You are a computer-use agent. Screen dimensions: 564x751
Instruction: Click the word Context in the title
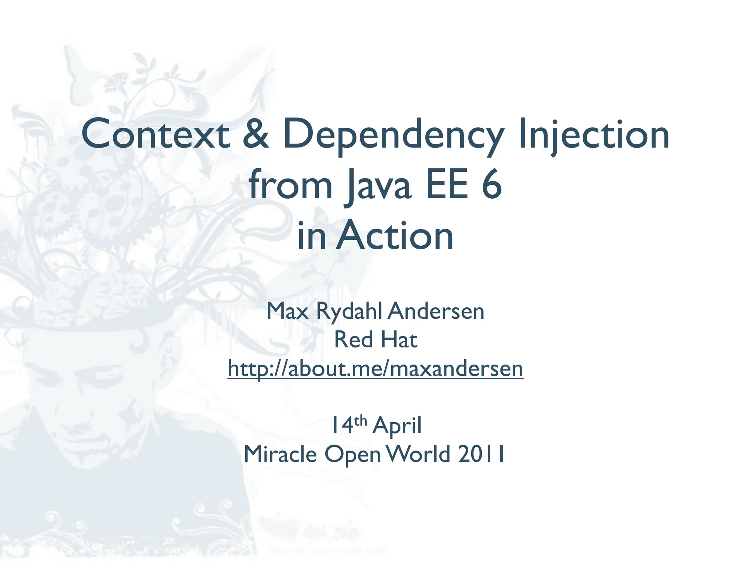coord(155,134)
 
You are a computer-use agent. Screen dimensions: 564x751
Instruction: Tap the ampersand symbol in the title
coord(256,134)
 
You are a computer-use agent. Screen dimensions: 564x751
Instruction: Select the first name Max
coord(287,311)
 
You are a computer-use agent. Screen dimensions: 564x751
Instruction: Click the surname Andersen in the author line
coord(436,311)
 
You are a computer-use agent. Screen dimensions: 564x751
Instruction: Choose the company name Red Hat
coord(375,340)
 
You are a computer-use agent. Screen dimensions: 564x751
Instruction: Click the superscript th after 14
coord(361,421)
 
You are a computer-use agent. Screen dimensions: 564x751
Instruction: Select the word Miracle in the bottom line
coord(280,454)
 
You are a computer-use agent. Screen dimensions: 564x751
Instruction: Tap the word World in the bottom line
coord(418,454)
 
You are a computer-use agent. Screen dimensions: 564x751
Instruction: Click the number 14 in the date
coord(341,426)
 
